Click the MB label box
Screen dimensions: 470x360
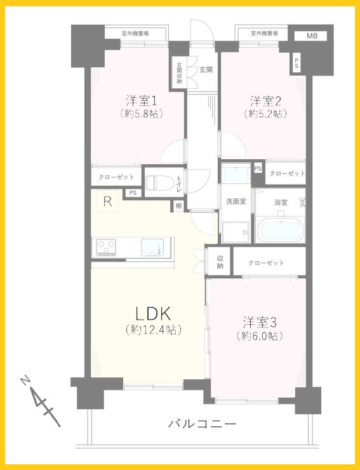[x=312, y=36]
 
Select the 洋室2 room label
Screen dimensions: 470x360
[x=265, y=100]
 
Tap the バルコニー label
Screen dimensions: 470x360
[x=203, y=423]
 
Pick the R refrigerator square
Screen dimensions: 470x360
[x=108, y=203]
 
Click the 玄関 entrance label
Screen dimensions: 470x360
[x=205, y=69]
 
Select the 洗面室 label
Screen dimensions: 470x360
[x=236, y=202]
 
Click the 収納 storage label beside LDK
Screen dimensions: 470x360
[x=220, y=261]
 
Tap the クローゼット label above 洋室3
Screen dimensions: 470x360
[x=266, y=263]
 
